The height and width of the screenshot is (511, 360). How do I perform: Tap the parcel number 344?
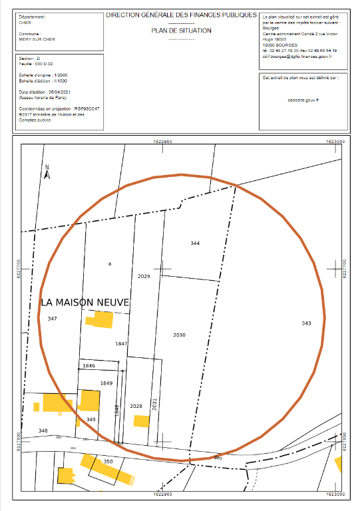195,244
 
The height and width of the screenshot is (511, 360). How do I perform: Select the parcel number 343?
306,323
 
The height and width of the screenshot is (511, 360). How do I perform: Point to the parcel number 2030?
179,335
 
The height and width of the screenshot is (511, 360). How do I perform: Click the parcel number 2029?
144,275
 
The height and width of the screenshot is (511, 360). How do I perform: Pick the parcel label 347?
53,319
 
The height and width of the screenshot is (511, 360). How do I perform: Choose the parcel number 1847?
121,343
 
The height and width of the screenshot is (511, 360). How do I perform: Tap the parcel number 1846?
89,366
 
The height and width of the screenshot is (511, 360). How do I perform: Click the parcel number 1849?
106,383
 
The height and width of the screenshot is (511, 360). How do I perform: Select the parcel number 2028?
136,406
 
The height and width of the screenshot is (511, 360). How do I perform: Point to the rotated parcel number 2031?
154,406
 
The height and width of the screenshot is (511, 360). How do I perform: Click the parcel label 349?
91,419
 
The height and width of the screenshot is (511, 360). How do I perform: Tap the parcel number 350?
108,461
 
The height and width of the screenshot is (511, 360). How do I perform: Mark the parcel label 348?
43,430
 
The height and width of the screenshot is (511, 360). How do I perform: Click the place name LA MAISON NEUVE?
84,302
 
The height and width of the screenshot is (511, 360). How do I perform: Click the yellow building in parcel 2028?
141,421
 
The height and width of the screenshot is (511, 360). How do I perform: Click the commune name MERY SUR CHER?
35,38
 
